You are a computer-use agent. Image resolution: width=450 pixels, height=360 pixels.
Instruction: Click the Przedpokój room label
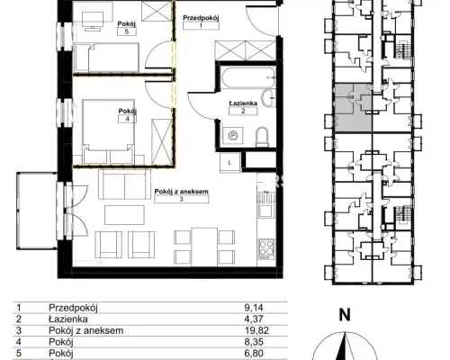pos(201,18)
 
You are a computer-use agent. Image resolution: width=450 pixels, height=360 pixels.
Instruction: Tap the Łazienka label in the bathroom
pos(243,103)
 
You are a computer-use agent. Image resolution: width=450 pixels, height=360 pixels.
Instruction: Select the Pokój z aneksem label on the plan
pos(182,192)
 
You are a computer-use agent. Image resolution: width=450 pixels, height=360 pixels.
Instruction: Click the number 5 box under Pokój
pos(127,31)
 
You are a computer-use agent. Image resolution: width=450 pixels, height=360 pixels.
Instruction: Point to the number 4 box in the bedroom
pos(128,119)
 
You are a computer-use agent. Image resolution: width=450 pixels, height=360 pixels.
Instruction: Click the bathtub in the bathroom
pos(247,77)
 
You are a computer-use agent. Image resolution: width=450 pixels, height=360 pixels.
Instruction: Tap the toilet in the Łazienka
pos(262,137)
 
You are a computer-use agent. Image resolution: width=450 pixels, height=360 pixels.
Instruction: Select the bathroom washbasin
pos(268,98)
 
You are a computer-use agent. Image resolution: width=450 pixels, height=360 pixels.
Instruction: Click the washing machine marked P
pos(233,136)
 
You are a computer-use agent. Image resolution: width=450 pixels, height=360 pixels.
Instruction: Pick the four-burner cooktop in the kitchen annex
pos(266,248)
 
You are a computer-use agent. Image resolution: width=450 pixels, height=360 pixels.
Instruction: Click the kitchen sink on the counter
pos(265,204)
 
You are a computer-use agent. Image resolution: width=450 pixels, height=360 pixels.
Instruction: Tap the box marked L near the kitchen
pos(230,163)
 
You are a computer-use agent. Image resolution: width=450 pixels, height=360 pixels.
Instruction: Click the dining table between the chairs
pos(204,247)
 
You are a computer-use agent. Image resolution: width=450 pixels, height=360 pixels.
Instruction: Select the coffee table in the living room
pos(124,215)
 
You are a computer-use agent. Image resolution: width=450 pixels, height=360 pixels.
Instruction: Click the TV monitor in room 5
pos(93,21)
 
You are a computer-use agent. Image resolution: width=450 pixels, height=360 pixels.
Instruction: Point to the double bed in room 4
pos(108,131)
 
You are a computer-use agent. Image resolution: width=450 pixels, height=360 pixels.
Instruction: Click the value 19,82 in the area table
pos(256,330)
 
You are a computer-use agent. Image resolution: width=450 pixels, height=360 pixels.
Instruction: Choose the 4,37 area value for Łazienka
pos(254,319)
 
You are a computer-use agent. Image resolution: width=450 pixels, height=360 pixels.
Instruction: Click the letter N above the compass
pos(345,315)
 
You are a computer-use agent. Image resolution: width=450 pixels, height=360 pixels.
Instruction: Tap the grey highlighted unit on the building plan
pos(353,108)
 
